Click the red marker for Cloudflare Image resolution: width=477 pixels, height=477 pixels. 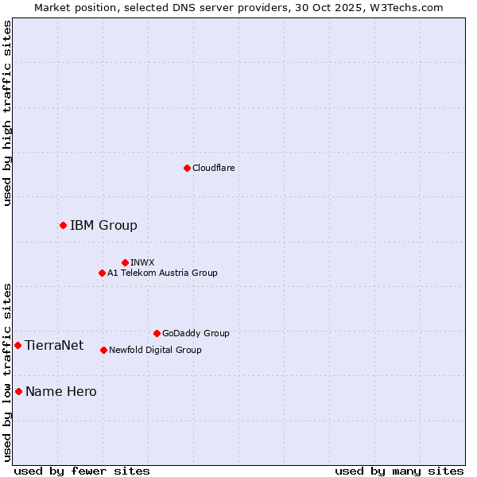[187, 168]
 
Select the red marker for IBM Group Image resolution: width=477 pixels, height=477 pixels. [63, 226]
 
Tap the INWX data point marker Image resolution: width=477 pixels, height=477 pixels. [125, 262]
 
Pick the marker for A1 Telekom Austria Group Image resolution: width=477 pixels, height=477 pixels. [102, 273]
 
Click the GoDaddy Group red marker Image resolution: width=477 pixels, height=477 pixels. [157, 333]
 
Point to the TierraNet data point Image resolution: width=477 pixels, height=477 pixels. [17, 345]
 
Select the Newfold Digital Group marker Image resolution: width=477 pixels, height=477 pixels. [103, 350]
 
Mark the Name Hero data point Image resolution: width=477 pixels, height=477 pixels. [18, 391]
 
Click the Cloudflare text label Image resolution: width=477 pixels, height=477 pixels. [214, 168]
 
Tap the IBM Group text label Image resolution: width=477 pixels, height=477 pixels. [103, 226]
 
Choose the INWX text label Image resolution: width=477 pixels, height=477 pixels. [143, 262]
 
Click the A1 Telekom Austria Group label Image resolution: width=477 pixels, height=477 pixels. [162, 273]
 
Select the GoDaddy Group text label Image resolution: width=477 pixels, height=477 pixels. [196, 333]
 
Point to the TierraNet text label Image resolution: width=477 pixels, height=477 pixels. [54, 345]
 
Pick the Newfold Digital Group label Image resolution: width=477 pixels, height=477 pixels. [155, 350]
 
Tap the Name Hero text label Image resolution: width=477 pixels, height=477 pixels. [61, 391]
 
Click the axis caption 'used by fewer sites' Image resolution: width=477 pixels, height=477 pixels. [82, 471]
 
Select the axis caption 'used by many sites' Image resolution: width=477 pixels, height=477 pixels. [399, 471]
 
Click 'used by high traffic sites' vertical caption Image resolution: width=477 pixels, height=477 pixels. [7, 113]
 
